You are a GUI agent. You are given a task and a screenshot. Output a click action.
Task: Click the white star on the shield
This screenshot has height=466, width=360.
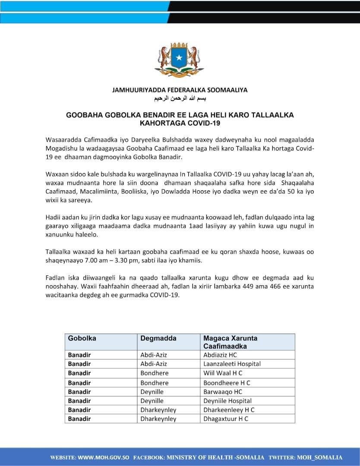(180, 57)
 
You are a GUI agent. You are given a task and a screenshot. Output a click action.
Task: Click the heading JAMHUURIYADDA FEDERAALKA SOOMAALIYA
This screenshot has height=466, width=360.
(180, 90)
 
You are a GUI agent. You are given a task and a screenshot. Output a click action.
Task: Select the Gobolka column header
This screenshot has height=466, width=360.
(82, 338)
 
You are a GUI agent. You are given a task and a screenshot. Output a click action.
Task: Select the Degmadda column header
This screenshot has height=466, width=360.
(158, 338)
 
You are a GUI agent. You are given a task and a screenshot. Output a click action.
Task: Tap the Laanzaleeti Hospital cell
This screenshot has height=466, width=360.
(232, 364)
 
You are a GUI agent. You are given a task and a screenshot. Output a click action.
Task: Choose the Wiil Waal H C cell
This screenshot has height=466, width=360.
(223, 373)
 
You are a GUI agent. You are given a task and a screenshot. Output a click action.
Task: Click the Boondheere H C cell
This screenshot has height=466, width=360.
(227, 382)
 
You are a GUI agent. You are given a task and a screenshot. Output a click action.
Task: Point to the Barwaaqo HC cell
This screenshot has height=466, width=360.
(223, 392)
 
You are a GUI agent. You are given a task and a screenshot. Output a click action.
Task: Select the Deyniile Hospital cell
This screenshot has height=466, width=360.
(227, 401)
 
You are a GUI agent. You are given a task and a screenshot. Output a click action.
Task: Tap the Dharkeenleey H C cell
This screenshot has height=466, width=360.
(229, 410)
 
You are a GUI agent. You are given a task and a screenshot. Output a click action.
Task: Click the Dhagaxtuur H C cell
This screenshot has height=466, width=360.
(226, 419)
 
